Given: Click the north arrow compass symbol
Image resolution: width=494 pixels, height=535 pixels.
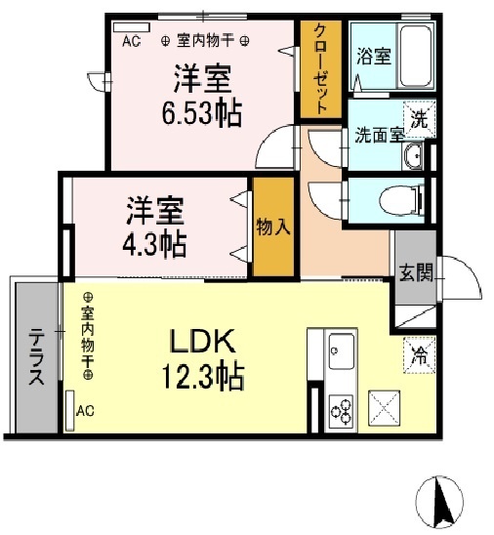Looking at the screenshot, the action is pyautogui.click(x=439, y=502).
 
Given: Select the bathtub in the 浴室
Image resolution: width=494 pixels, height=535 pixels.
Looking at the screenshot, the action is pyautogui.click(x=415, y=57).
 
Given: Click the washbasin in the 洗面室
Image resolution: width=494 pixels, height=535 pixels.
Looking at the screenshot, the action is pyautogui.click(x=413, y=156).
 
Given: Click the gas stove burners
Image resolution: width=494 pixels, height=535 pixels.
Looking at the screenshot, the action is pyautogui.click(x=341, y=410).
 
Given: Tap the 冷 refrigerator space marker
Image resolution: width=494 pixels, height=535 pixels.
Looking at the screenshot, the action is pyautogui.click(x=419, y=355).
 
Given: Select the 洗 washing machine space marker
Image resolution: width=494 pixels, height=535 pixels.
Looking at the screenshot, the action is pyautogui.click(x=419, y=119).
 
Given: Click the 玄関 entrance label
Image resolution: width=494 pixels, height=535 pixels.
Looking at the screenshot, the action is pyautogui.click(x=416, y=273).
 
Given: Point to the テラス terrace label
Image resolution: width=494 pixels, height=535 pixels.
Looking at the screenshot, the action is pyautogui.click(x=36, y=356).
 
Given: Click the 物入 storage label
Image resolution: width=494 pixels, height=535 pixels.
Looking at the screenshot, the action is pyautogui.click(x=273, y=226).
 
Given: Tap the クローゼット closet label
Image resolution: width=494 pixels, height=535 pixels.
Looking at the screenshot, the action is pyautogui.click(x=320, y=69).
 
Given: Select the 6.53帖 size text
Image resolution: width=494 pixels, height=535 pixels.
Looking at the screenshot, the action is pyautogui.click(x=202, y=113).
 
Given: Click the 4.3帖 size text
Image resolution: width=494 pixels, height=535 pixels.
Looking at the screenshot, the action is pyautogui.click(x=154, y=244).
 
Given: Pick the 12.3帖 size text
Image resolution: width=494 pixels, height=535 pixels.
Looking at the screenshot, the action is pyautogui.click(x=203, y=376).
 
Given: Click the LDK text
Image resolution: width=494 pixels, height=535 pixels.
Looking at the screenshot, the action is pyautogui.click(x=203, y=341).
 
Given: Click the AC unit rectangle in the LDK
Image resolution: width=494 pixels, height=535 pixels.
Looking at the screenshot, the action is pyautogui.click(x=70, y=410).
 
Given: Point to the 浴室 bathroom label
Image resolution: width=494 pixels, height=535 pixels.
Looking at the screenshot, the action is pyautogui.click(x=374, y=57).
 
